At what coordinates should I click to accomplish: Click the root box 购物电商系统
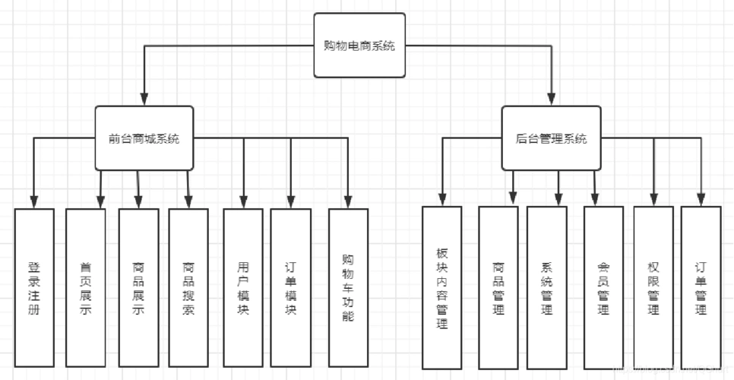pyautogui.click(x=359, y=46)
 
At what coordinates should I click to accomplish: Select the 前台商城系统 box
pyautogui.click(x=144, y=138)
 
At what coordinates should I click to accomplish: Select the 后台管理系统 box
pyautogui.click(x=551, y=138)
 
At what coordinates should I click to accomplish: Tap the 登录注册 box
pyautogui.click(x=34, y=289)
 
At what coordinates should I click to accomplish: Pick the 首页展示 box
pyautogui.click(x=86, y=289)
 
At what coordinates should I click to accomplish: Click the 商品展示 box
pyautogui.click(x=138, y=289)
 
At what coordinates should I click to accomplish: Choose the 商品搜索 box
pyautogui.click(x=188, y=289)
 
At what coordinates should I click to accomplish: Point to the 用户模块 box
pyautogui.click(x=243, y=289)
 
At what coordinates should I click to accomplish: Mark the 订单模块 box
pyautogui.click(x=290, y=289)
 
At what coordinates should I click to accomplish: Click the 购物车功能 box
pyautogui.click(x=348, y=289)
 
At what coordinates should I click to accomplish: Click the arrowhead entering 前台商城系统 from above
pyautogui.click(x=144, y=99)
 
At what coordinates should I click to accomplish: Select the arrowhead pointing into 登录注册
pyautogui.click(x=34, y=201)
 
